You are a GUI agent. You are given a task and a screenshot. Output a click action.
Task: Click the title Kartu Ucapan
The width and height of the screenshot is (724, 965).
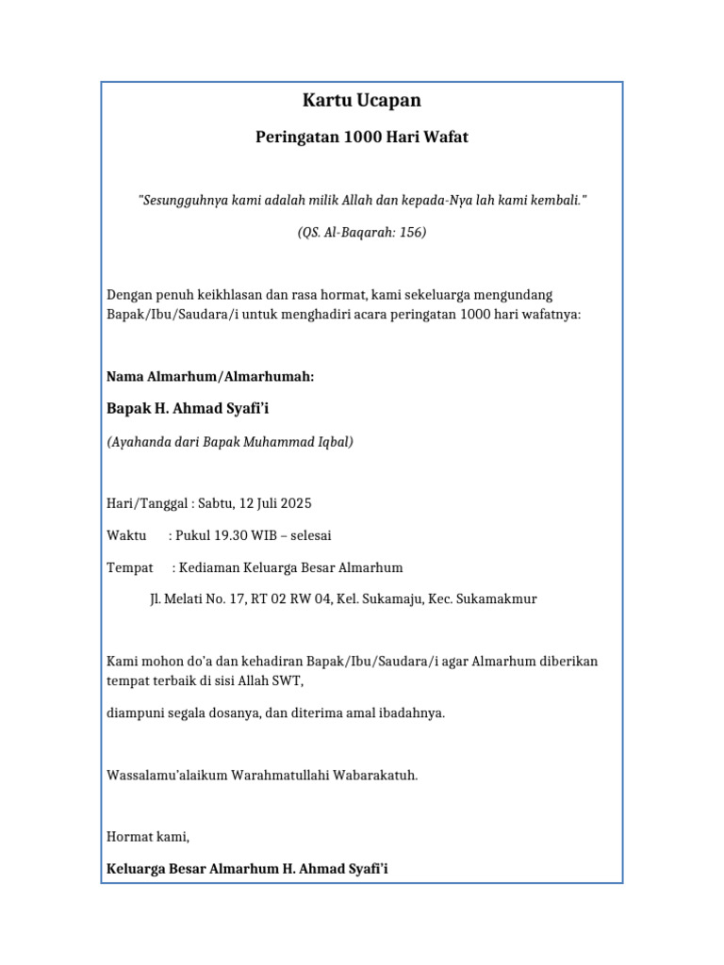pos(361,101)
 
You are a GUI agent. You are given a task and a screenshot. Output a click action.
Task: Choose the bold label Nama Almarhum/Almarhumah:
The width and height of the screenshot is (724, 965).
pos(210,377)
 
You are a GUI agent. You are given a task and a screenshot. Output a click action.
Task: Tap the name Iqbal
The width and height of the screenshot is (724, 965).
pos(332,441)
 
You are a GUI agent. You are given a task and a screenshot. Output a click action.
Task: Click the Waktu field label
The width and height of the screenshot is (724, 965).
pos(126,536)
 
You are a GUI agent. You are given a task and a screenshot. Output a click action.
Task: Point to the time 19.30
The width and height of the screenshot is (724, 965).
pos(233,536)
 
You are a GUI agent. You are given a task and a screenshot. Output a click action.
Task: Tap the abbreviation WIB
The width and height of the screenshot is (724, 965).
pos(269,536)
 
